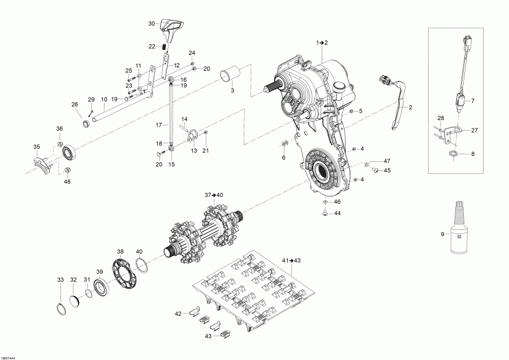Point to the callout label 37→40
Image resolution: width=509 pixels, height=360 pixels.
214,195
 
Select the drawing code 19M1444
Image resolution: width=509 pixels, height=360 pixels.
9,356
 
